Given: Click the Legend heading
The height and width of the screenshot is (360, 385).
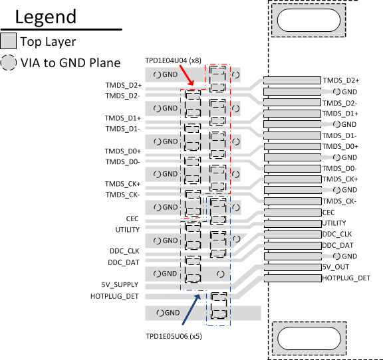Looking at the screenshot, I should click(x=46, y=17).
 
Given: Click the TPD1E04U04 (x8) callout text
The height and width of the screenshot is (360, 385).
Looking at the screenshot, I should click(x=173, y=60).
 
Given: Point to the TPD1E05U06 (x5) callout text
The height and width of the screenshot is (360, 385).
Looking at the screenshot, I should click(x=174, y=337).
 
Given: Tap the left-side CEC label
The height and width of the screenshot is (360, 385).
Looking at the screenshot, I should click(x=132, y=218).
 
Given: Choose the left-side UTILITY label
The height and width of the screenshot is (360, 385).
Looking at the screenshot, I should click(x=128, y=230).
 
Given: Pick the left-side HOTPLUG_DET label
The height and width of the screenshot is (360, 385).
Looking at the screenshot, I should click(x=115, y=296).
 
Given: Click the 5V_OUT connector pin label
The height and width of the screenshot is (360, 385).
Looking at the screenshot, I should click(x=336, y=267).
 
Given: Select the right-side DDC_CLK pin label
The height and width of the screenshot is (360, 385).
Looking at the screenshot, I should click(x=337, y=234).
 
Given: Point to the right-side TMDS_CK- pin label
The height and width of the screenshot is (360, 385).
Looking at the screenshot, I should click(x=340, y=201).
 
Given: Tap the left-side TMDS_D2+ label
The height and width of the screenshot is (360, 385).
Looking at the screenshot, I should click(x=123, y=85).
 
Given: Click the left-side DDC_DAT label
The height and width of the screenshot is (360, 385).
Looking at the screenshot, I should click(x=124, y=262).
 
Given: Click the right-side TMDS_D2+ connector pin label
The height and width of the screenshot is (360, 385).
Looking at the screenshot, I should click(x=340, y=80).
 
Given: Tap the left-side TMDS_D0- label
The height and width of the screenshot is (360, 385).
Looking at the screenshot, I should click(x=123, y=161).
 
